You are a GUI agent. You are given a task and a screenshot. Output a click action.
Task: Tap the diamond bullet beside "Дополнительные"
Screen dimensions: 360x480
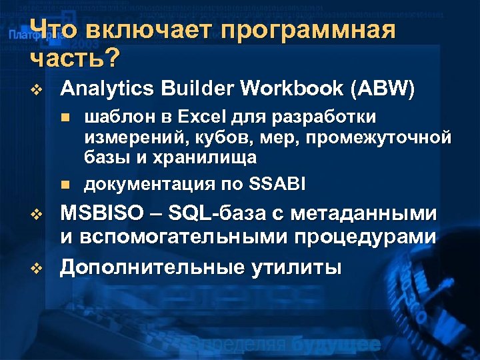(x=37, y=268)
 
